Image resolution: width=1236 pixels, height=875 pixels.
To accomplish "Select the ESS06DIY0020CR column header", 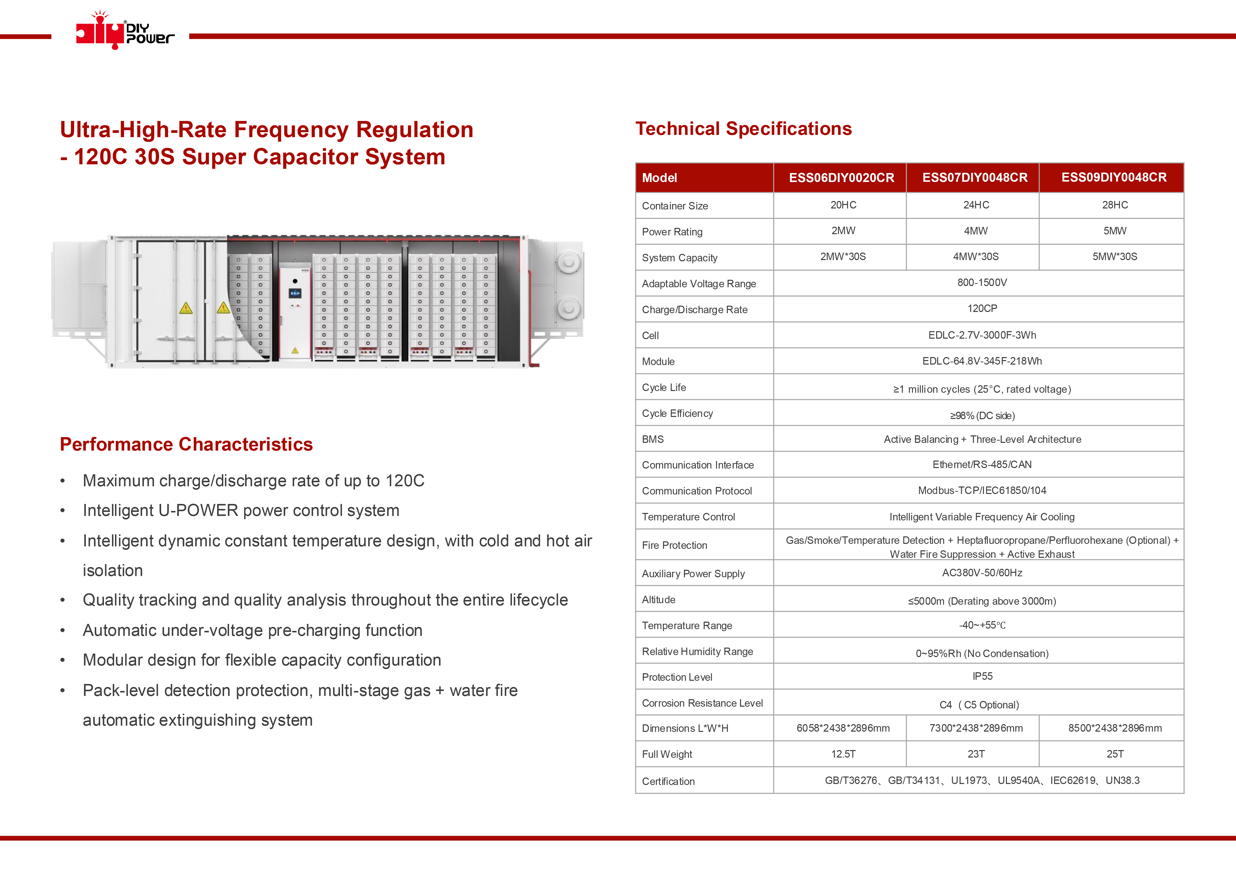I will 841,178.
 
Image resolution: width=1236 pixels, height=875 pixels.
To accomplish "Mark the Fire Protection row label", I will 674,545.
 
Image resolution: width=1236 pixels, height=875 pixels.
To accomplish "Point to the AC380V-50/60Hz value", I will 982,573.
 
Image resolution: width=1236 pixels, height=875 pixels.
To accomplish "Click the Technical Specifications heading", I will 743,129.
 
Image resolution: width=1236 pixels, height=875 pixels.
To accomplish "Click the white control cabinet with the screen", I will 295,310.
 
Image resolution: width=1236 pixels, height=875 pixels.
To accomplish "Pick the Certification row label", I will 668,781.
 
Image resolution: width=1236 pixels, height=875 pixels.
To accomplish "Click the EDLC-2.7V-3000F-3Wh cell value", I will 982,335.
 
